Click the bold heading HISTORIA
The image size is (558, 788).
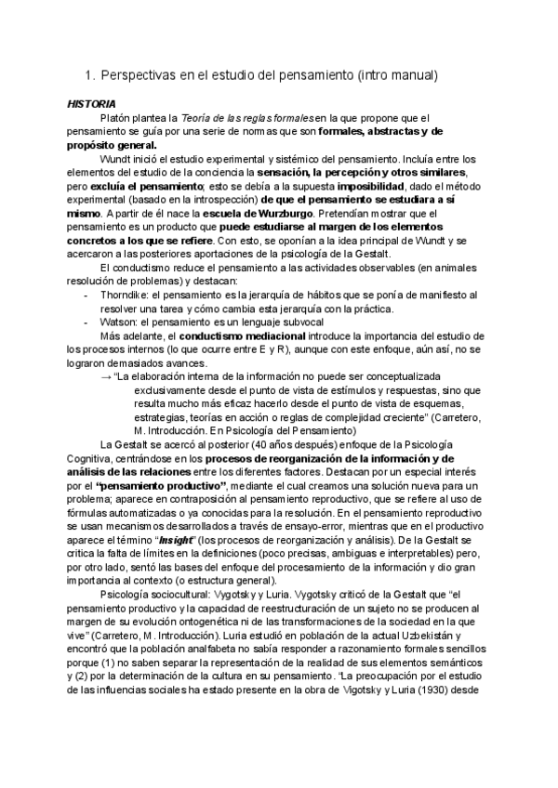[x=91, y=102]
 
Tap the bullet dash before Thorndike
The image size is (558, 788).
[x=86, y=295]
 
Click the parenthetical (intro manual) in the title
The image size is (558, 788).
[x=400, y=73]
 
